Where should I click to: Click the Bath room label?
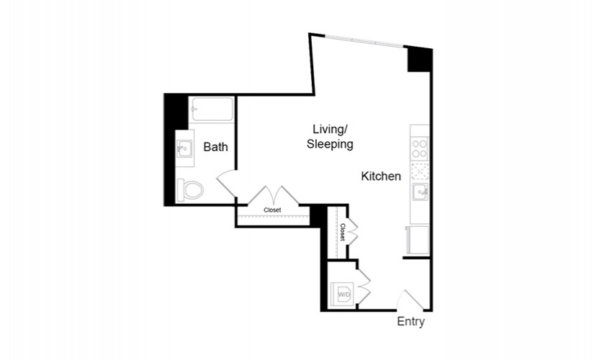215,147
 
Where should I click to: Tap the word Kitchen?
381,176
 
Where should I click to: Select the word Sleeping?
330,145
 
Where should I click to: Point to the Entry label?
410,321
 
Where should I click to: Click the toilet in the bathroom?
190,190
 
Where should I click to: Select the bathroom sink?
185,148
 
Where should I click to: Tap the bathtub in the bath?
212,109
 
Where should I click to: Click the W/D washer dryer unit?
342,294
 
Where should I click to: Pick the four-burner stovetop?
420,148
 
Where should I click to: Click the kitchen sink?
420,192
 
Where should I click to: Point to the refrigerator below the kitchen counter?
418,240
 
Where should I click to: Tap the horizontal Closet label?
272,210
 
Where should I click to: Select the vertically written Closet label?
343,233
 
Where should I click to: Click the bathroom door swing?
225,184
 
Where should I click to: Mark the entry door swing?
409,300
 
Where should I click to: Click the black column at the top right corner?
419,60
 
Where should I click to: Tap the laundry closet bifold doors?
364,287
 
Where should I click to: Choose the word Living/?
330,129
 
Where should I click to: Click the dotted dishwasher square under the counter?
420,171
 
